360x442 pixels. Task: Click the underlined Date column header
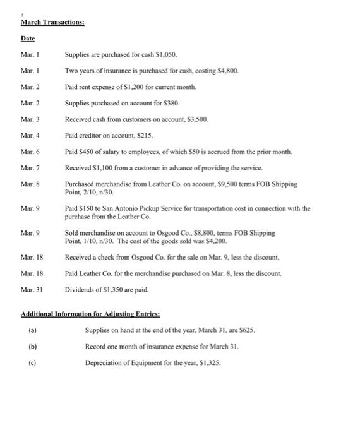pos(28,39)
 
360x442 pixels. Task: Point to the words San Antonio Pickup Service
pos(131,208)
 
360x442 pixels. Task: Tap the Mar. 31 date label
pos(32,290)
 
